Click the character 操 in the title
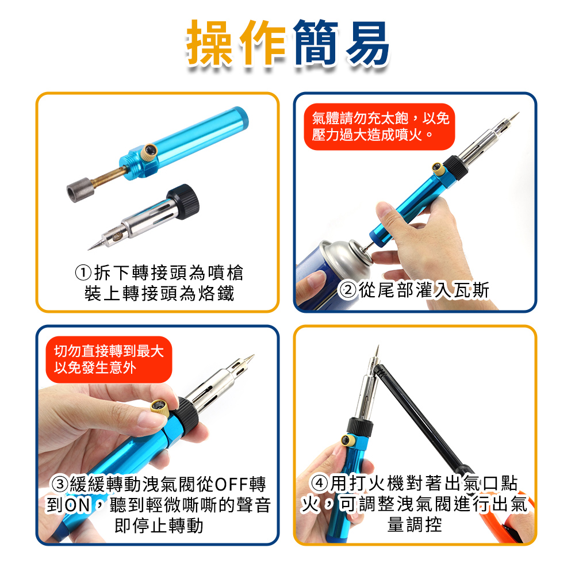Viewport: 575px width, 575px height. [x=210, y=43]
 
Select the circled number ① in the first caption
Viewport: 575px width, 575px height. [x=83, y=273]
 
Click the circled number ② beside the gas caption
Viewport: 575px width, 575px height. [x=347, y=290]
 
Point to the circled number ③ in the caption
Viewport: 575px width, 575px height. [x=60, y=484]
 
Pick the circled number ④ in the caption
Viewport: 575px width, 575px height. [x=319, y=484]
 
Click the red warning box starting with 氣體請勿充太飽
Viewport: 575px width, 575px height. [x=379, y=127]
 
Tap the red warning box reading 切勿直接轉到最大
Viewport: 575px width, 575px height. [x=109, y=360]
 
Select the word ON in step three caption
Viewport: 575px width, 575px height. [x=78, y=505]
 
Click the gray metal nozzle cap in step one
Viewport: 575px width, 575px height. [x=79, y=190]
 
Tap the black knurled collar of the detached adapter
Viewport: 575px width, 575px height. [x=183, y=201]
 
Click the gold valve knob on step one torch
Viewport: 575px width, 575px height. [x=149, y=151]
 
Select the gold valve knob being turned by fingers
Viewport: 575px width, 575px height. [x=160, y=408]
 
